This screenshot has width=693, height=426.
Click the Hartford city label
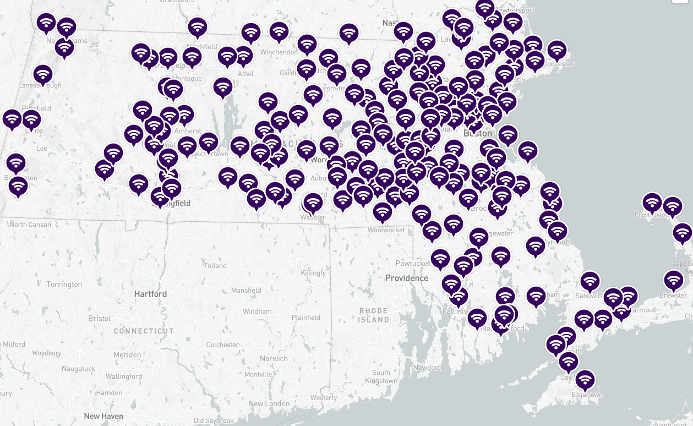click(150, 294)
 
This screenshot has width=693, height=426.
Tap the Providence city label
click(406, 278)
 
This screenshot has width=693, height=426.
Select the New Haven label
click(103, 416)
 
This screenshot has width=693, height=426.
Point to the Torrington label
click(64, 285)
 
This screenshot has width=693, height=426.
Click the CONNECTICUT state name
click(144, 331)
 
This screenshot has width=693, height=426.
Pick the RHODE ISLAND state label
click(374, 315)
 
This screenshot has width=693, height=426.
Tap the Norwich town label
click(274, 358)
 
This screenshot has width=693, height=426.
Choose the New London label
click(269, 403)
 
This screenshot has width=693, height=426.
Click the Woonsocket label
click(386, 230)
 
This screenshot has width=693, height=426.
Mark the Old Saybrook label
click(214, 421)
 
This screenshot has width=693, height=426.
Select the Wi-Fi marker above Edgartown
click(585, 380)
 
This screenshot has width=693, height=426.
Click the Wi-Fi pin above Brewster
click(673, 280)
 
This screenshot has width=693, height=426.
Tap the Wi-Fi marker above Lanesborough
click(42, 74)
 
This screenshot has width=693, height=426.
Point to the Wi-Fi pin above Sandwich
click(590, 281)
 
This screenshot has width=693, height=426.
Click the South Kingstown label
click(381, 376)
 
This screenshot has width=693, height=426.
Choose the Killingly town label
click(313, 273)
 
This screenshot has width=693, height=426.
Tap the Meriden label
click(127, 355)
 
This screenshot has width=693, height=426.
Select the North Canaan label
click(30, 225)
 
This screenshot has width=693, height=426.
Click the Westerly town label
click(323, 397)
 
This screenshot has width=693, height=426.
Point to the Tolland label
click(215, 265)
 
